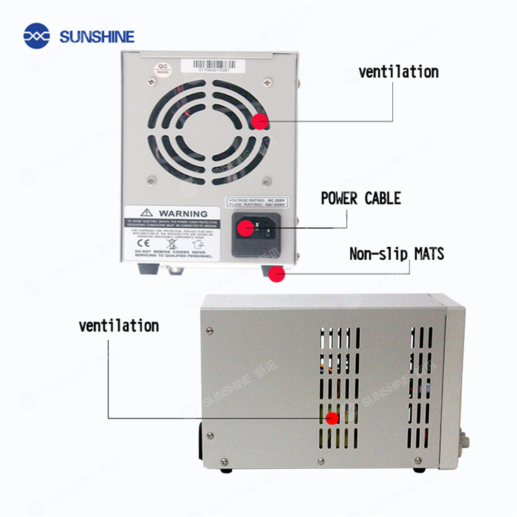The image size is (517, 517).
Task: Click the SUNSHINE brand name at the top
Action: tap(97, 37)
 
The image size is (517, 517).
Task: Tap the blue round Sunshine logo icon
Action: tap(37, 37)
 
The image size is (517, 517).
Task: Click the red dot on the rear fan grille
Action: tap(260, 122)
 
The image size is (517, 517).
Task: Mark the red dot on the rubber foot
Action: tap(276, 274)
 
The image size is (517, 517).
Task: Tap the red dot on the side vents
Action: tap(332, 418)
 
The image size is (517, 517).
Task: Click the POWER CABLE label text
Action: tap(361, 199)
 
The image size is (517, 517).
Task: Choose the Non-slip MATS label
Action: tap(396, 254)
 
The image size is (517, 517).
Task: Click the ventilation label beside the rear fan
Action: tap(398, 72)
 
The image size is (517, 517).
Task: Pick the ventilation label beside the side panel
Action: tap(119, 325)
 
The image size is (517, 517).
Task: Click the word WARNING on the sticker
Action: tap(183, 214)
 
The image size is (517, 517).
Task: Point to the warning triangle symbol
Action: tap(147, 213)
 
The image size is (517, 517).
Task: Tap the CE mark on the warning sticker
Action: tap(139, 243)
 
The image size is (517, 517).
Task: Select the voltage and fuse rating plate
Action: tap(256, 202)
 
